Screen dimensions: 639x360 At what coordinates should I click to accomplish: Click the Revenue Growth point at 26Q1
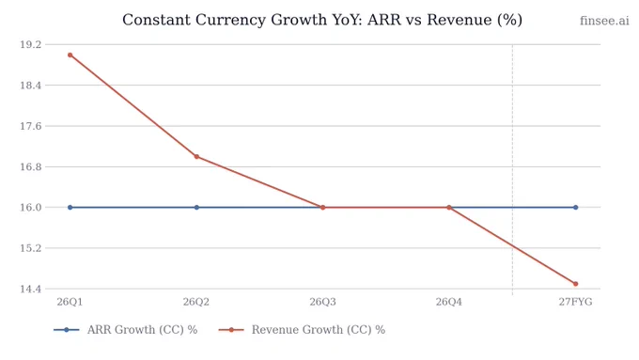coord(70,55)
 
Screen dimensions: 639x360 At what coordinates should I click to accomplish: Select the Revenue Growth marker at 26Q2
coord(196,157)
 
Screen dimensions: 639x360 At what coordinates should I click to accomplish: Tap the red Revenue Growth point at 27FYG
coord(575,284)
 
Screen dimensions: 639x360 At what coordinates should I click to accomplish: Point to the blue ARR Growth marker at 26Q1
coord(70,208)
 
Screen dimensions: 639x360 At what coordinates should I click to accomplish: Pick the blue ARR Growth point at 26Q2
coord(196,208)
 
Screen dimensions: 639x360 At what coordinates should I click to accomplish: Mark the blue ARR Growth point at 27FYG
coord(575,208)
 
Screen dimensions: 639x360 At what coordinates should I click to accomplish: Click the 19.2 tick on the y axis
coord(31,44)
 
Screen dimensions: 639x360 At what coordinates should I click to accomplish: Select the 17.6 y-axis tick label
coord(31,126)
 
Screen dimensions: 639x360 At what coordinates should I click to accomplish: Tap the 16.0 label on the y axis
coord(31,208)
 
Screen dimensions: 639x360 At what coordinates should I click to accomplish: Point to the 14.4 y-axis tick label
coord(31,290)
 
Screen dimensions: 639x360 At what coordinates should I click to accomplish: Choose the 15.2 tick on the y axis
coord(31,248)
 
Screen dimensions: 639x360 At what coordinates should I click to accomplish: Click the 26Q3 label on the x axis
coord(322,302)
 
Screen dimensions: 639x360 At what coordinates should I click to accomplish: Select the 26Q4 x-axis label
coord(449,302)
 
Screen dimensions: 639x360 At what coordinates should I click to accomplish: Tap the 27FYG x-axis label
coord(575,302)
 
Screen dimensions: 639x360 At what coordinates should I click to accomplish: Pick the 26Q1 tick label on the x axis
coord(70,302)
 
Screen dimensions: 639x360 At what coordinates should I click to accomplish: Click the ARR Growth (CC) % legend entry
coord(126,330)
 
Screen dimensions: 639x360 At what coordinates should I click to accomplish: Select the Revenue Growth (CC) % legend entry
coord(302,330)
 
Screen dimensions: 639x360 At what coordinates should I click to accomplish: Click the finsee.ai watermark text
coord(604,21)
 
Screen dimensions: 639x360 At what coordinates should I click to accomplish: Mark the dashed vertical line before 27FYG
coord(512,169)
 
